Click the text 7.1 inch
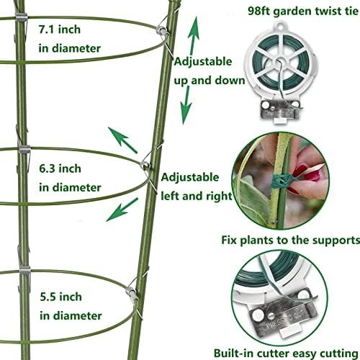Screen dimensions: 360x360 60,30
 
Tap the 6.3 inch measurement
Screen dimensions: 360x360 60,168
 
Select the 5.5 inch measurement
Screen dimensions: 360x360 60,297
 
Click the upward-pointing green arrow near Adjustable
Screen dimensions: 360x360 194,35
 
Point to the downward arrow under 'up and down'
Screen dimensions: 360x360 186,105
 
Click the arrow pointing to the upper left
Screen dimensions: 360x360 122,140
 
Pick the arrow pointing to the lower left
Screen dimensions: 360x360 122,210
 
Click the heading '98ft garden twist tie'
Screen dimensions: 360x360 303,11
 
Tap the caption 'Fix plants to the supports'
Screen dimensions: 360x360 290,240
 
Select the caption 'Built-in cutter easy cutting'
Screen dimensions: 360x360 286,354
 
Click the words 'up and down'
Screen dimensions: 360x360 210,81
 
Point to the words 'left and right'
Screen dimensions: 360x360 197,196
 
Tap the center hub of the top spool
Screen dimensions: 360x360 280,60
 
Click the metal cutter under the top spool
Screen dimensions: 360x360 280,109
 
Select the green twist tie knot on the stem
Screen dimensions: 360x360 281,181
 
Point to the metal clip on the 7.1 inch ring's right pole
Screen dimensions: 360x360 163,31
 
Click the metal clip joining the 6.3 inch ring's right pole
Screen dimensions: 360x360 146,165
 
